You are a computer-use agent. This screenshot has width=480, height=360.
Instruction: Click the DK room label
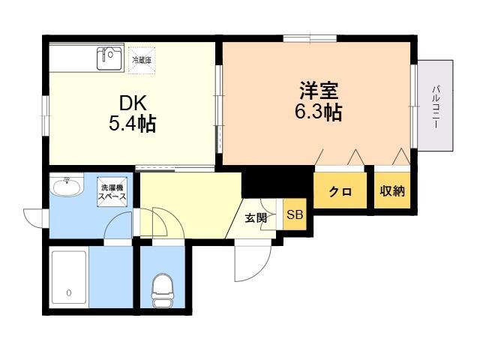[x=133, y=103]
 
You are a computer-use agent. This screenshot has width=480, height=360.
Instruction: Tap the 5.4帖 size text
[x=132, y=123]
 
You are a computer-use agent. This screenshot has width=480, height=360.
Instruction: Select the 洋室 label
[x=319, y=91]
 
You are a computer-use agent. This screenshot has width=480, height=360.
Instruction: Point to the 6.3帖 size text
[x=318, y=112]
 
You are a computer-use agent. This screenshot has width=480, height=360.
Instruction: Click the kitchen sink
[x=110, y=58]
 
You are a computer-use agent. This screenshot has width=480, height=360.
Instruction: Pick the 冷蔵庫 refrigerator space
[x=142, y=60]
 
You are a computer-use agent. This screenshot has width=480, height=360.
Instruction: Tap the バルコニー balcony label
[x=436, y=106]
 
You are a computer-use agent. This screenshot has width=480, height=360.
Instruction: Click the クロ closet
[x=340, y=190]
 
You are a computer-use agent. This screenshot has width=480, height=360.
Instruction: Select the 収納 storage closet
[x=392, y=190]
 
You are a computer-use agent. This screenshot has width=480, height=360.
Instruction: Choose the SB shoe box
[x=295, y=214]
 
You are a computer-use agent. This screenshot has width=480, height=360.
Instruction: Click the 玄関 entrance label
[x=256, y=217]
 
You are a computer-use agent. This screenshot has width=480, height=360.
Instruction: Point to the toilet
[x=162, y=290]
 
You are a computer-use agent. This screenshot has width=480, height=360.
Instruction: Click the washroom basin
[x=67, y=186]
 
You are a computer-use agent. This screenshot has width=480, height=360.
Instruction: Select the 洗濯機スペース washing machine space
[x=112, y=192]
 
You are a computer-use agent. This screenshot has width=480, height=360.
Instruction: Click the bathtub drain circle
[x=69, y=293]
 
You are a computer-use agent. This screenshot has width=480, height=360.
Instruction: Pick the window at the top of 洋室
[x=310, y=38]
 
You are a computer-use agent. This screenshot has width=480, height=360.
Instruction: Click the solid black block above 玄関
[x=277, y=181]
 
